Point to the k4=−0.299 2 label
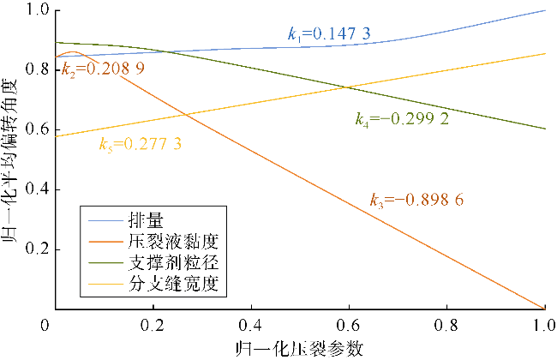403,119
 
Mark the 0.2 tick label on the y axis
37,249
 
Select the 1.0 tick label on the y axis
37,11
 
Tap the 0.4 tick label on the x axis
250,326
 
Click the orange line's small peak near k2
75,52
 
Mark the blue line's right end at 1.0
545,10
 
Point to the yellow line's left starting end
56,135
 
